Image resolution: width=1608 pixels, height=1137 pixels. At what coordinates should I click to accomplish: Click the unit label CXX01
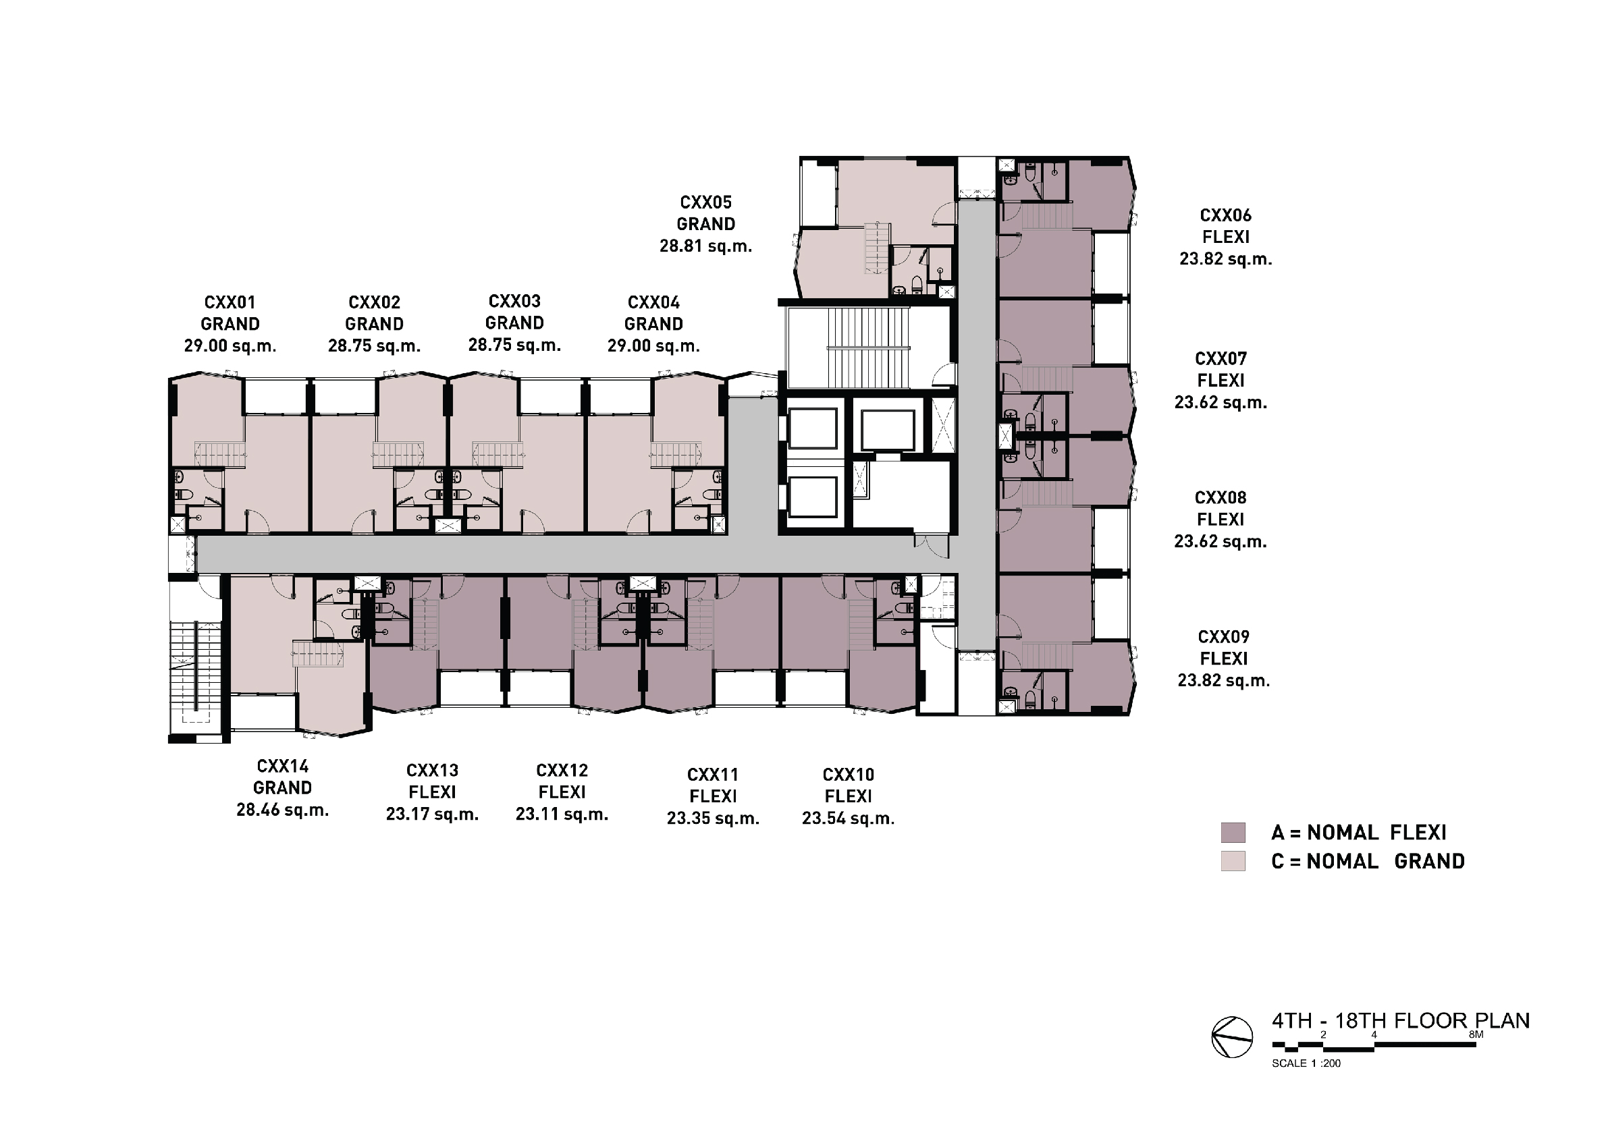click(230, 302)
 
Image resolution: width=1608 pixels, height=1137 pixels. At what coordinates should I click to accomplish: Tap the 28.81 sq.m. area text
click(706, 246)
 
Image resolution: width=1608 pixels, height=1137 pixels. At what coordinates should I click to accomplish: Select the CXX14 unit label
click(282, 766)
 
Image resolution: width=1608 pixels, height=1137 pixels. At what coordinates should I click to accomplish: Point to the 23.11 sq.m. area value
click(562, 814)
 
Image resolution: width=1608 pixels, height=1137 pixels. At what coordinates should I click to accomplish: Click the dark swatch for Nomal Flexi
click(1233, 833)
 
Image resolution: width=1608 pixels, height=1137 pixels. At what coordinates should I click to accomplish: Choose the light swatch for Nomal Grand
click(1233, 860)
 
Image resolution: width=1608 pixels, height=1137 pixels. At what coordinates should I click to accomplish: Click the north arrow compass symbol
click(1232, 1037)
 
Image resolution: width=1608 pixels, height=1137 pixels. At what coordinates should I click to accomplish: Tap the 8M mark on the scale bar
click(1476, 1034)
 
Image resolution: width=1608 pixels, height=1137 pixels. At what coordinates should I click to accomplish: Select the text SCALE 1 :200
click(1306, 1063)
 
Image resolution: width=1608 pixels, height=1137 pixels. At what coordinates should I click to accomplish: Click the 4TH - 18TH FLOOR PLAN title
click(1401, 1021)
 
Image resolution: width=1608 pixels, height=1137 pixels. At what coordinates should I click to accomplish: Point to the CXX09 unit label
click(1223, 637)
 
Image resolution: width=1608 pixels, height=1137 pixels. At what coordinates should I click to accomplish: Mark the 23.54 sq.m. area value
click(848, 819)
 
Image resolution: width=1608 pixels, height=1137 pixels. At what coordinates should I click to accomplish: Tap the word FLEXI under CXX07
click(1221, 380)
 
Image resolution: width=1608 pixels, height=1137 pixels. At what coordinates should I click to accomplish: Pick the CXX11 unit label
click(713, 775)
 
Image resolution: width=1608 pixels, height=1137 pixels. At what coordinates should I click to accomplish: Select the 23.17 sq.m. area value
click(432, 814)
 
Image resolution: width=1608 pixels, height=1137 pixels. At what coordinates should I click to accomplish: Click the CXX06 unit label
click(1226, 215)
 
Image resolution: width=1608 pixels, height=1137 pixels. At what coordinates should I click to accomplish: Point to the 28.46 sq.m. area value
click(282, 810)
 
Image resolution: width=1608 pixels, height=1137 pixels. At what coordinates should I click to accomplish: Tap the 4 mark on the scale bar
click(1374, 1034)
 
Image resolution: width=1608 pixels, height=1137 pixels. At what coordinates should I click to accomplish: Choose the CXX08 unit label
click(1221, 498)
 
